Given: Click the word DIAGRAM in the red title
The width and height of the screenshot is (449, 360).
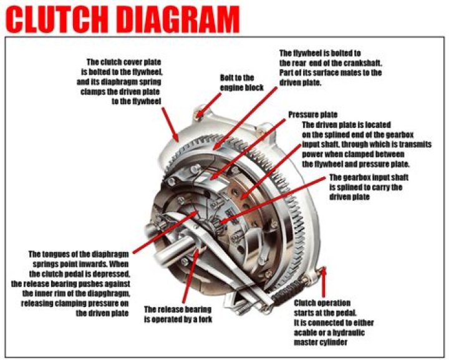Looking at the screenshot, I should point(178,19).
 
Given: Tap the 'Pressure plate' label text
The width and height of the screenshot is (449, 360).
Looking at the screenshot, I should point(312,115).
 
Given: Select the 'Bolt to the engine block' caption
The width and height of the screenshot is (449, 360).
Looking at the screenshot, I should point(237,82).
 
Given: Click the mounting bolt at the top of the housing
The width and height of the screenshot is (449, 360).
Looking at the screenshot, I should point(199,114).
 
